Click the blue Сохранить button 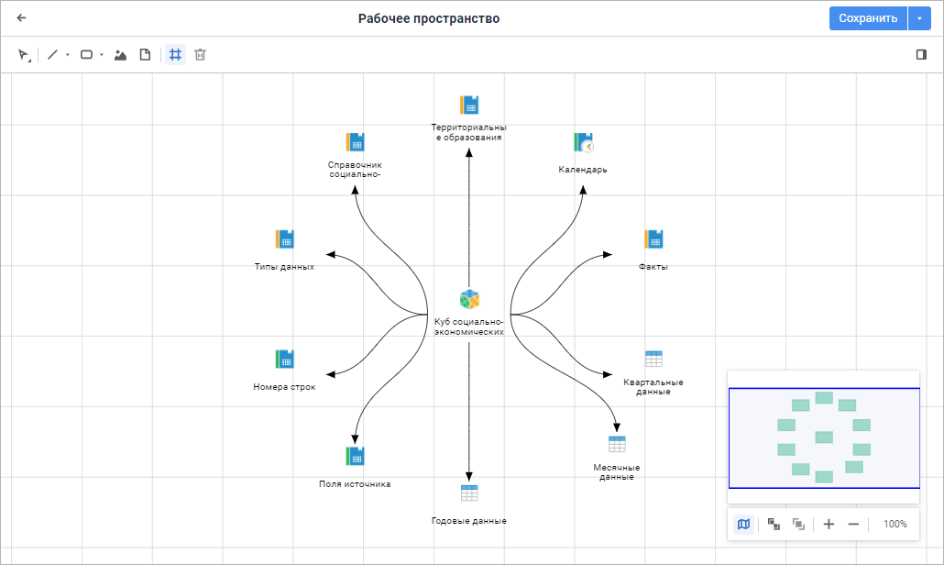(867, 18)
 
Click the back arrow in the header (22, 17)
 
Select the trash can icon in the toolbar (200, 55)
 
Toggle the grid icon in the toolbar (175, 55)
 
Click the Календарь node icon (584, 143)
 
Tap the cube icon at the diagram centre (469, 299)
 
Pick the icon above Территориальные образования (469, 105)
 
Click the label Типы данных (284, 267)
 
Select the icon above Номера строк (284, 359)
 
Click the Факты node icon (653, 239)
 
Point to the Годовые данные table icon (469, 493)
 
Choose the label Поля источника (355, 483)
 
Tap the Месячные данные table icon (617, 444)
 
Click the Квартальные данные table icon (653, 359)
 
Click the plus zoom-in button (829, 524)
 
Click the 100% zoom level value (895, 524)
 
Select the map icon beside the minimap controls (743, 524)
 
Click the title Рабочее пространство (429, 18)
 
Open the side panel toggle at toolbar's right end (921, 55)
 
